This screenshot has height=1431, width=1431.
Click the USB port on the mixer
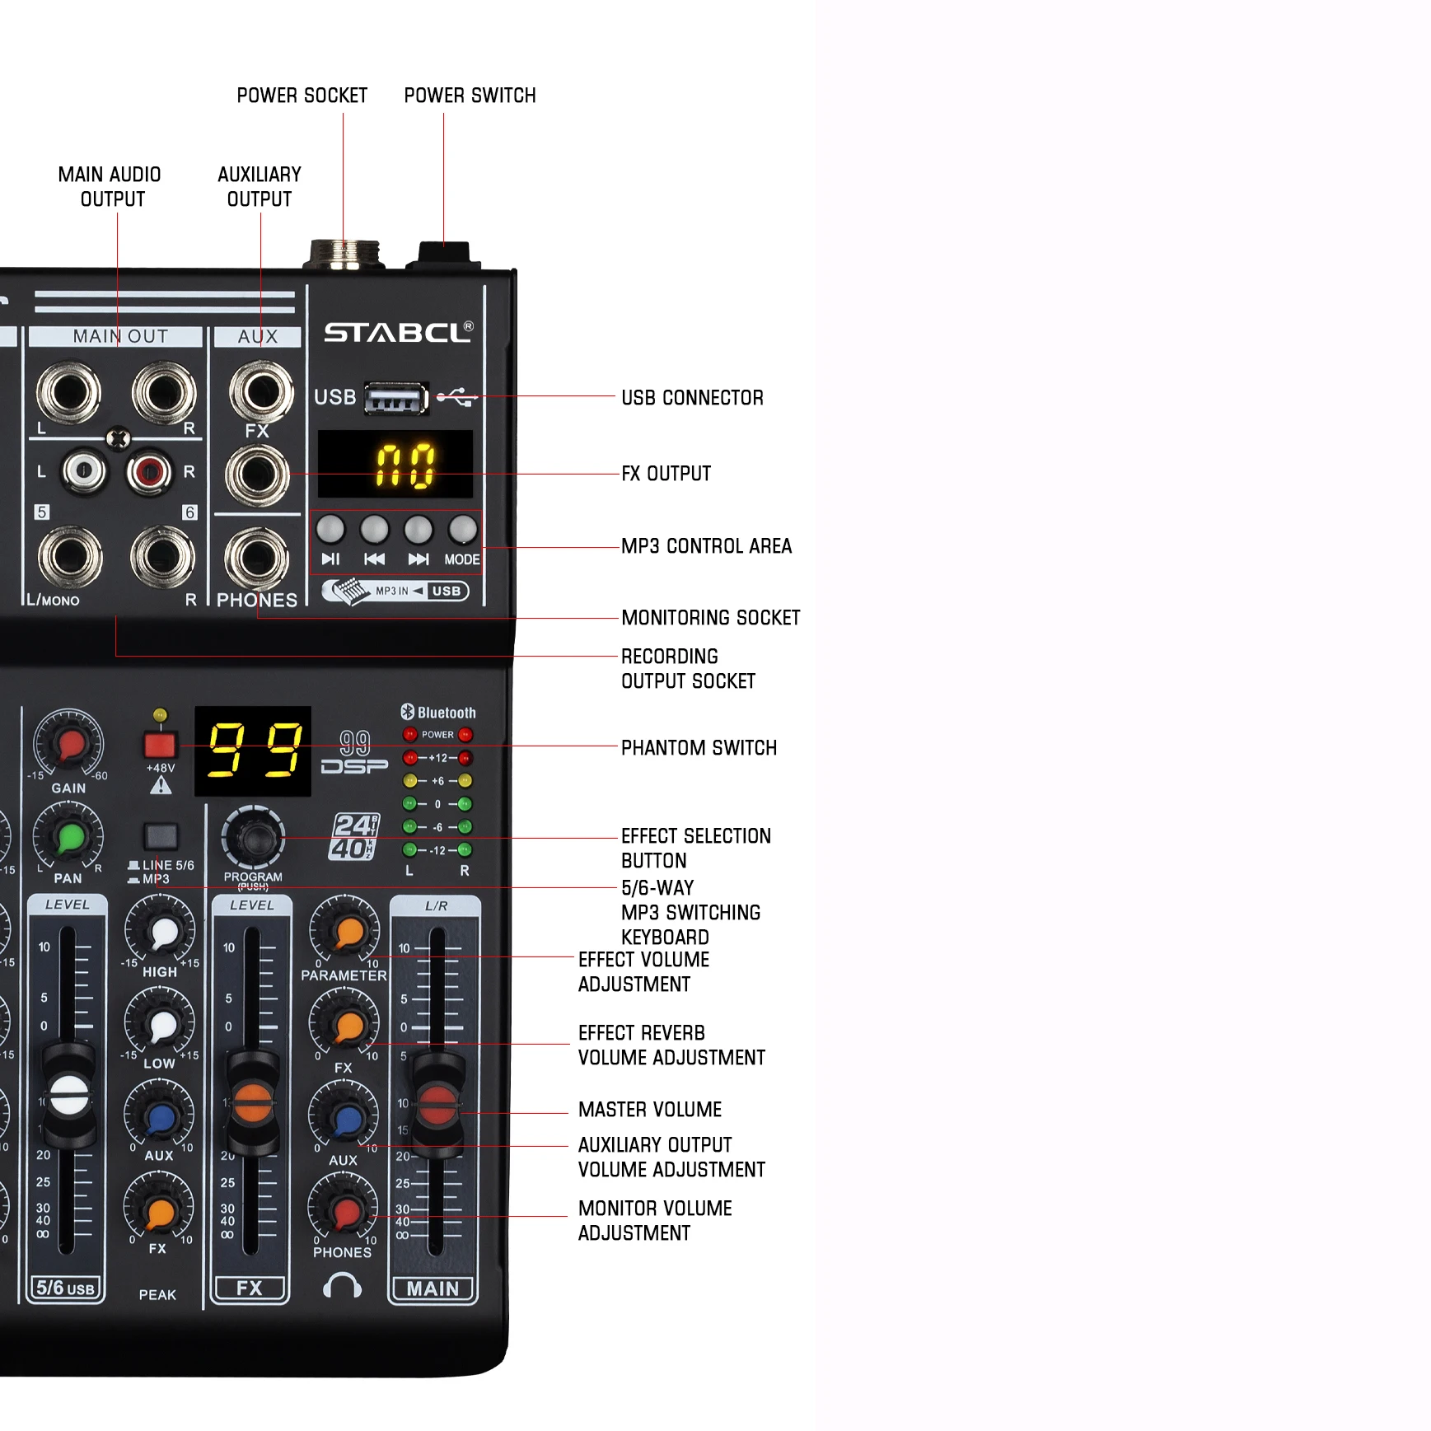tap(396, 400)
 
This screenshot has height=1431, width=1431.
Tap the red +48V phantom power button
tap(160, 745)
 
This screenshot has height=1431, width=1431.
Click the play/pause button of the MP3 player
tap(330, 530)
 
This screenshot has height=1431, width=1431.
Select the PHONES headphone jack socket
tap(257, 558)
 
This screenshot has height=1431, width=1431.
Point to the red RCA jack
tap(149, 472)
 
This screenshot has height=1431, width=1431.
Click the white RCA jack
tap(84, 471)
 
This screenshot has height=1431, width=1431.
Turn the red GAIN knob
tap(69, 743)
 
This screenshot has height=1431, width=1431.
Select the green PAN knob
tap(69, 838)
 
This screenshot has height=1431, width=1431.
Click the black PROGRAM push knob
tap(253, 838)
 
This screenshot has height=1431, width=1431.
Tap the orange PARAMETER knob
tap(345, 930)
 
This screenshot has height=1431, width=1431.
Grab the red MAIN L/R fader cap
tap(437, 1104)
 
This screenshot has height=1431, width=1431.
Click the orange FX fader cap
tap(252, 1102)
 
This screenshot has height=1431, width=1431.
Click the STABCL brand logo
tap(398, 332)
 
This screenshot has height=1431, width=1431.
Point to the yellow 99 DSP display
tap(253, 751)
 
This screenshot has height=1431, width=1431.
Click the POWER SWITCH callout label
tap(470, 96)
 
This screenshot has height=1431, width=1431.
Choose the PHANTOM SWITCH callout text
tap(699, 748)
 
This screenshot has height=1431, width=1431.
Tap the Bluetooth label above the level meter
tap(438, 713)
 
